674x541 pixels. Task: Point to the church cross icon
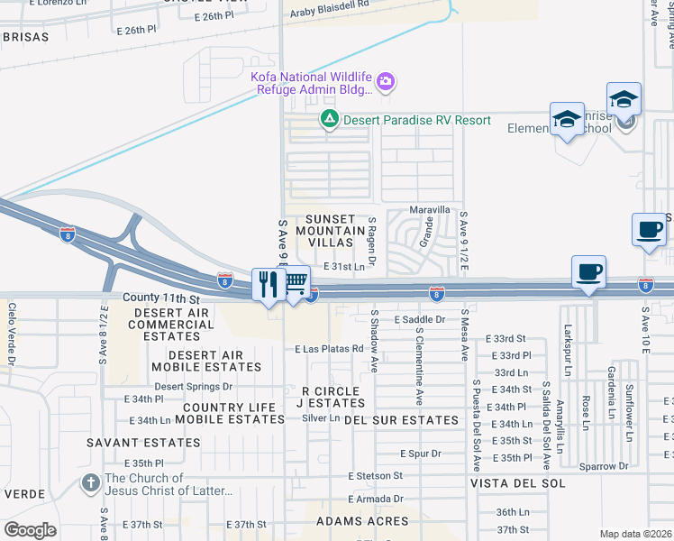(x=90, y=482)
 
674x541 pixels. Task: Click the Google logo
(x=31, y=529)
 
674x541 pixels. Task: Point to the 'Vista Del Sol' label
(x=517, y=483)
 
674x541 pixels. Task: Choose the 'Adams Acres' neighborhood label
(x=361, y=521)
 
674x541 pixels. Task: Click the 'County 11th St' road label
(x=160, y=298)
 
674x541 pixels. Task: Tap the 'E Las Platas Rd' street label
(x=328, y=349)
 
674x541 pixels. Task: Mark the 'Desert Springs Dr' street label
(x=193, y=386)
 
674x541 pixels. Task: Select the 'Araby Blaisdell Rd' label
(x=330, y=5)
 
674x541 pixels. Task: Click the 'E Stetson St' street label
(x=376, y=475)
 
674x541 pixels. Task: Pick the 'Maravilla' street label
(x=430, y=209)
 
